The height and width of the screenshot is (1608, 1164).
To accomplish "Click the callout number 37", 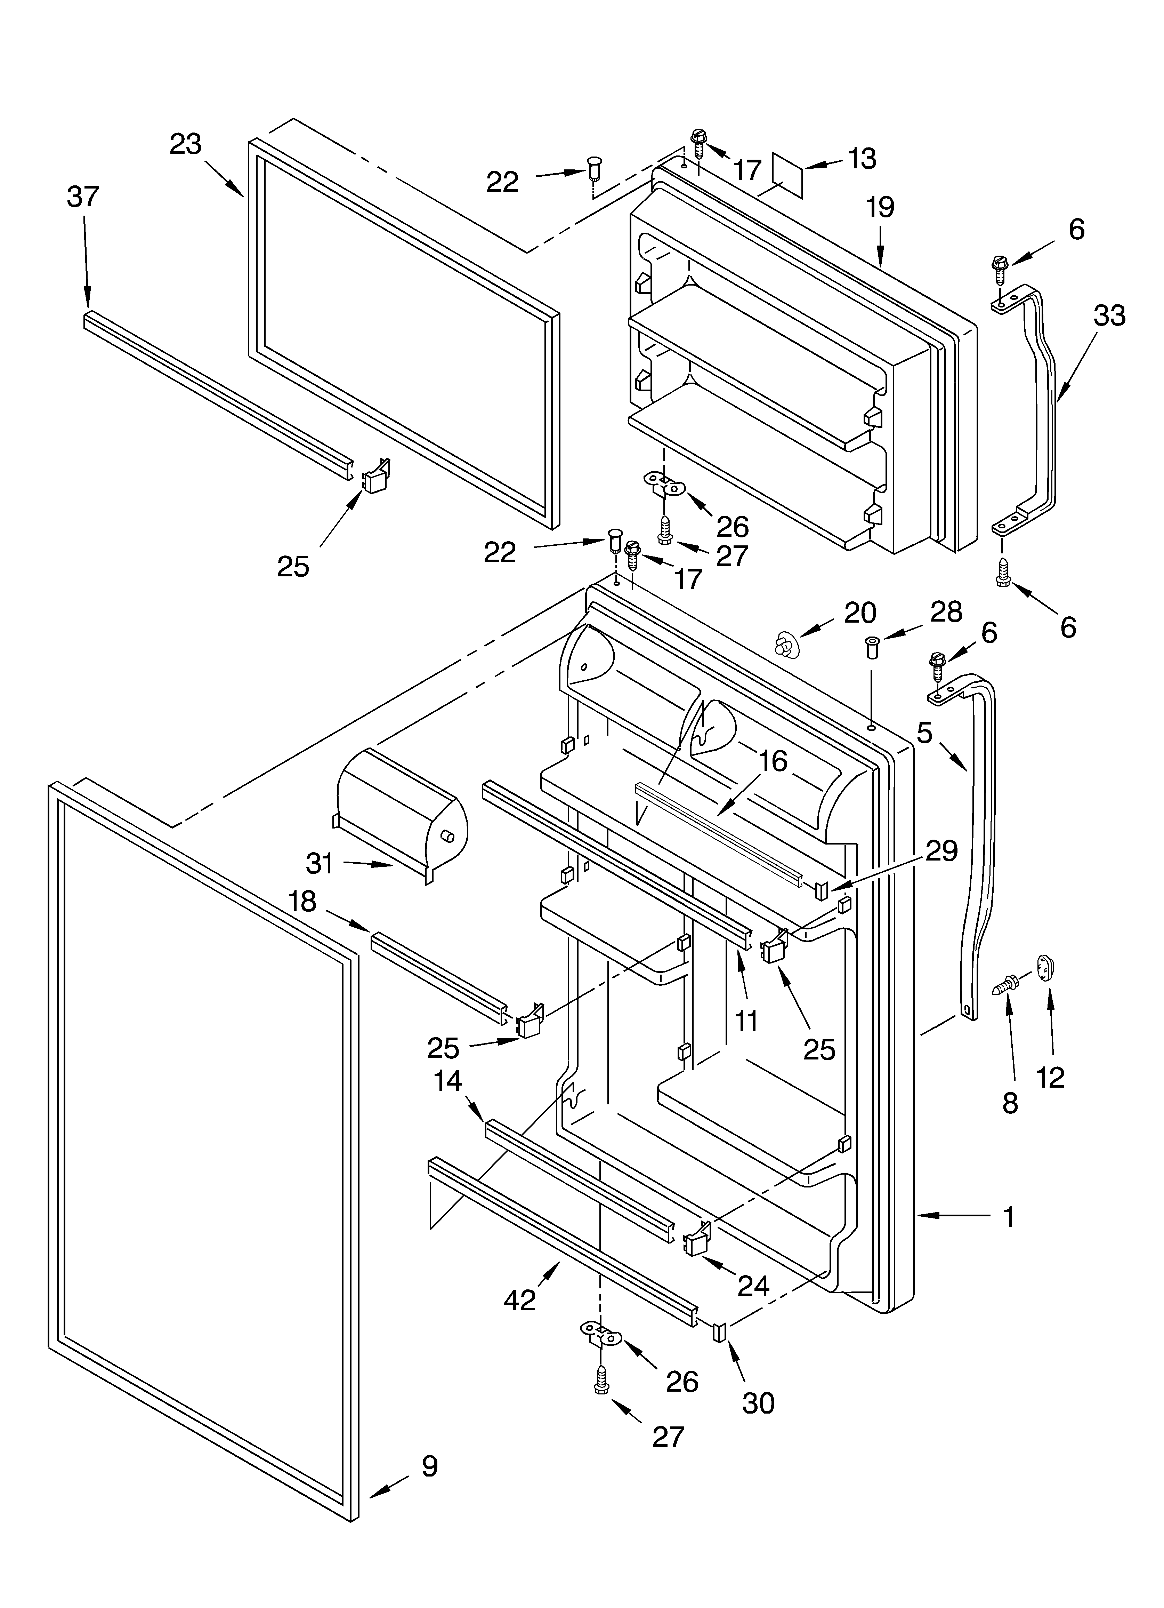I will [x=83, y=197].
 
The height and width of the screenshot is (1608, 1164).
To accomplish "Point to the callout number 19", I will [x=880, y=207].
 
